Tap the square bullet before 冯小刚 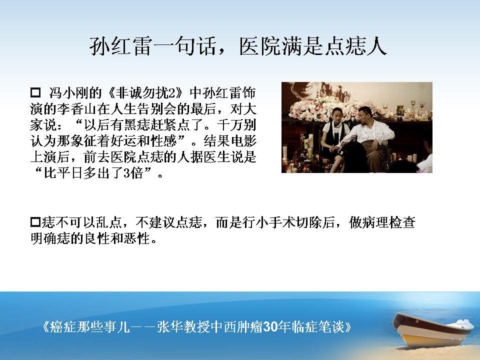click(35, 92)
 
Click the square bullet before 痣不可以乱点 click(35, 221)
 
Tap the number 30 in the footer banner click(270, 327)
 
